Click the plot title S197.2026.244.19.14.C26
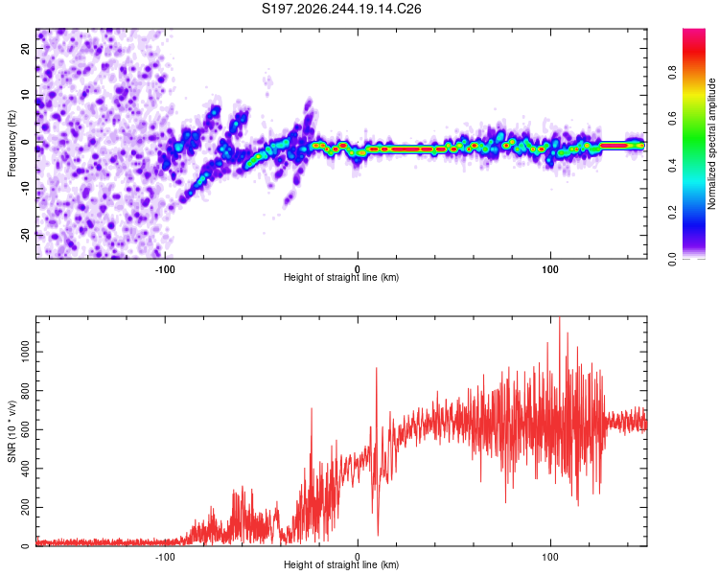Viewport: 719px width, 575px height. (341, 9)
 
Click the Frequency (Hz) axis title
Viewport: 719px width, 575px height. (12, 144)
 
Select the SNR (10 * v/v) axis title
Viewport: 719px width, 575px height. (12, 431)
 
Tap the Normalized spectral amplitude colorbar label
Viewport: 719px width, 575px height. (711, 144)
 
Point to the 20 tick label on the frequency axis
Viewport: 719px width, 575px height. (25, 48)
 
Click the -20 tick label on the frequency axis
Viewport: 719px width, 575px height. (25, 235)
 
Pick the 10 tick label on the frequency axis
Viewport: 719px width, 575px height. (25, 95)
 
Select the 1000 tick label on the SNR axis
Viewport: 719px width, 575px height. (25, 352)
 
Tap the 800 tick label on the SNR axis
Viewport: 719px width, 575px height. (25, 391)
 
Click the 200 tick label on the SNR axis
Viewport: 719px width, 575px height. (25, 507)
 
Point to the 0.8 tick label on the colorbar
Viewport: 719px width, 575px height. (672, 73)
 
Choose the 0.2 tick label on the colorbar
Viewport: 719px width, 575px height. (672, 213)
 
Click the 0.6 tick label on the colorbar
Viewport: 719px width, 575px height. (672, 119)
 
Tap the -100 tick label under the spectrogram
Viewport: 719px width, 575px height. (165, 269)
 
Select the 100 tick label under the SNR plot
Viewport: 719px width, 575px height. (550, 557)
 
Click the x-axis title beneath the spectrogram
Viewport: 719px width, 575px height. (341, 277)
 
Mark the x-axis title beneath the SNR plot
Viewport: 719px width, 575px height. (341, 564)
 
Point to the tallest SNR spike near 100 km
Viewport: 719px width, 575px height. (560, 317)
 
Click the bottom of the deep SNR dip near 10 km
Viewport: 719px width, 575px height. (378, 535)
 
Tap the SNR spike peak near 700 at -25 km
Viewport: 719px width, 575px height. (312, 408)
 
